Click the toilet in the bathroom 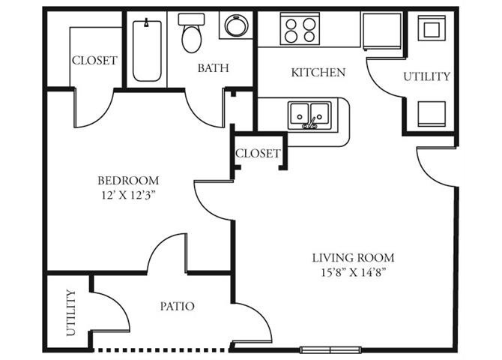(x=192, y=33)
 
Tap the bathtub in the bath (x=147, y=50)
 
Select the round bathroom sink (x=236, y=25)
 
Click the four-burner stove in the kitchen (x=300, y=29)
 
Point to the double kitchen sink (x=309, y=115)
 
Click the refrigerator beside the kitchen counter (x=382, y=31)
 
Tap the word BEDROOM (x=128, y=181)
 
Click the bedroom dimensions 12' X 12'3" (x=128, y=195)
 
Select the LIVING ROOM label (x=353, y=257)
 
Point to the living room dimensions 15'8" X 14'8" (x=353, y=272)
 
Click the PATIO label (x=177, y=306)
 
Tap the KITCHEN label (x=318, y=73)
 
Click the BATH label (x=213, y=68)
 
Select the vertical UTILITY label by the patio (x=70, y=313)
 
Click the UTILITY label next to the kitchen (x=426, y=76)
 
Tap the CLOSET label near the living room (x=258, y=153)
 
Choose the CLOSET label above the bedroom (x=94, y=60)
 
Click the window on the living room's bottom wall (x=330, y=349)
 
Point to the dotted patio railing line (x=161, y=350)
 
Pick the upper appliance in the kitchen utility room (x=432, y=28)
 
